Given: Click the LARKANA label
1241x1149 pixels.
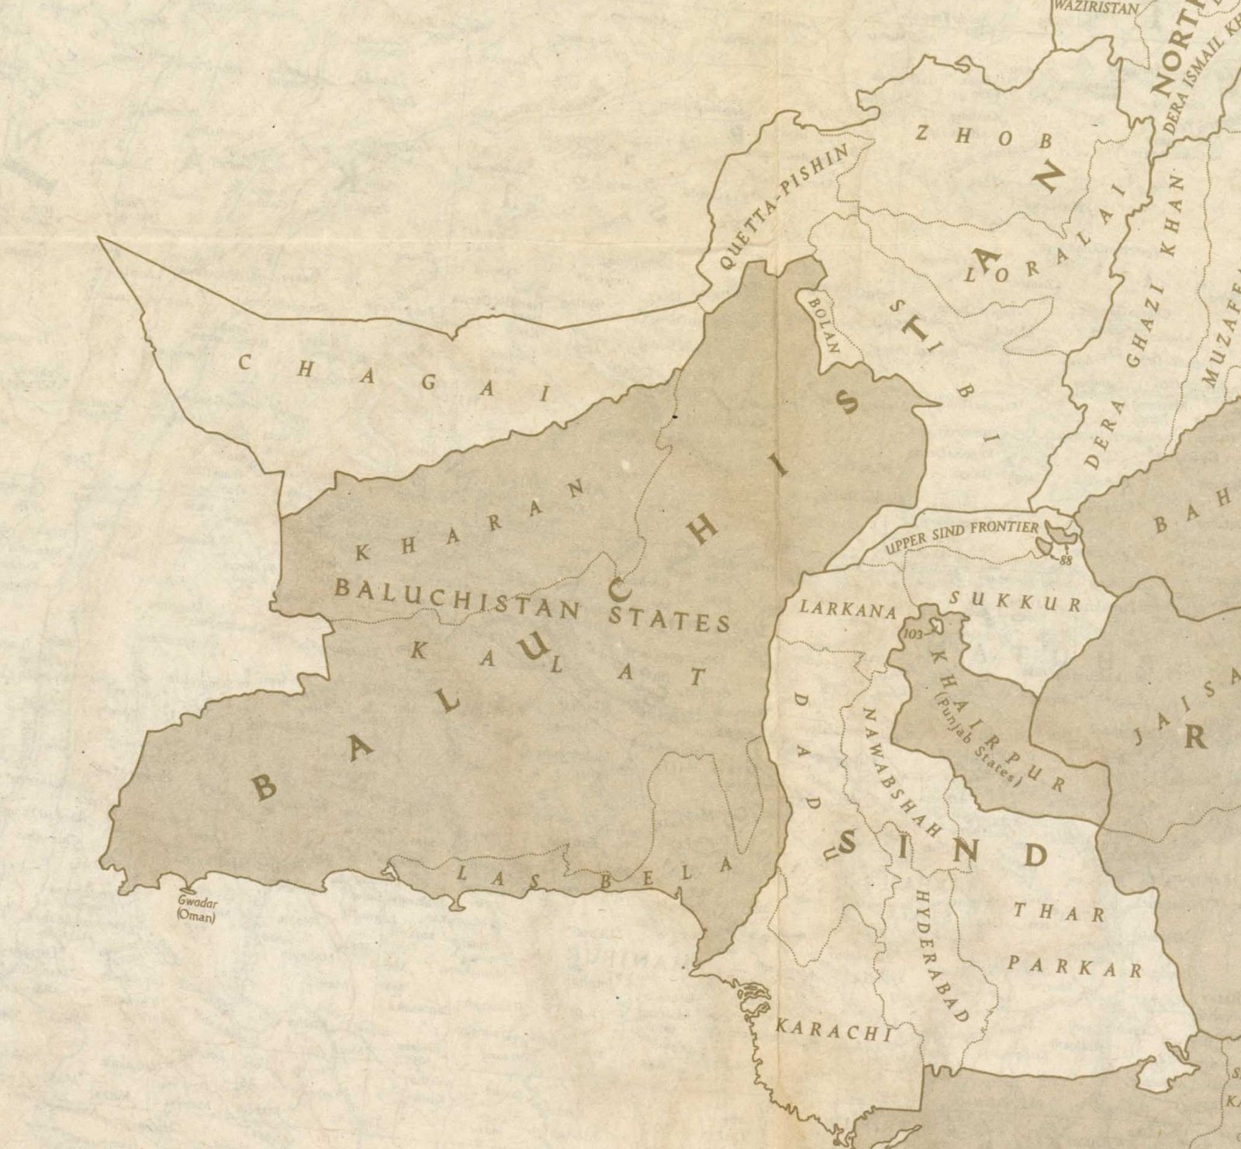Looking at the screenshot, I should click(848, 607).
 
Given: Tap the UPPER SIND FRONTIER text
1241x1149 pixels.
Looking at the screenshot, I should click(962, 536).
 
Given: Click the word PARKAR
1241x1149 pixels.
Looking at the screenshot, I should click(1075, 967).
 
